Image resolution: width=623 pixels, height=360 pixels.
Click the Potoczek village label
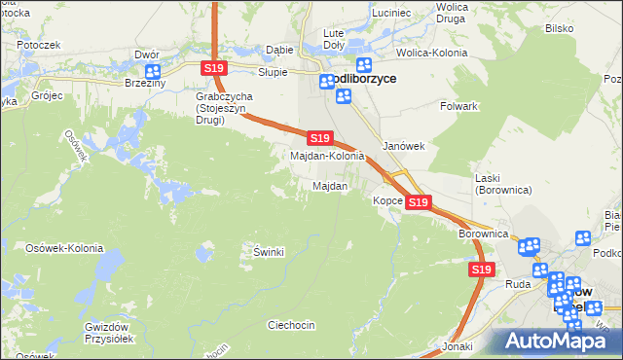38,45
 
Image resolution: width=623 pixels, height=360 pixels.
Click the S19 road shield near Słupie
215,67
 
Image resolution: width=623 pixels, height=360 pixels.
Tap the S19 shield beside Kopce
418,201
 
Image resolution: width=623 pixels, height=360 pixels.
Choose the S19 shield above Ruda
480,269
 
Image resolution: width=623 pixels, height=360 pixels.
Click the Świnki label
268,252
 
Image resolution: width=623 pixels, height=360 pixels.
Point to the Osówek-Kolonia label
64,248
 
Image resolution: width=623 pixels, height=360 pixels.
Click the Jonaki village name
457,346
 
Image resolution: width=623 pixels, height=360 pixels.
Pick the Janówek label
403,146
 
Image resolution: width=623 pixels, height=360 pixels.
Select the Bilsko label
559,29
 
